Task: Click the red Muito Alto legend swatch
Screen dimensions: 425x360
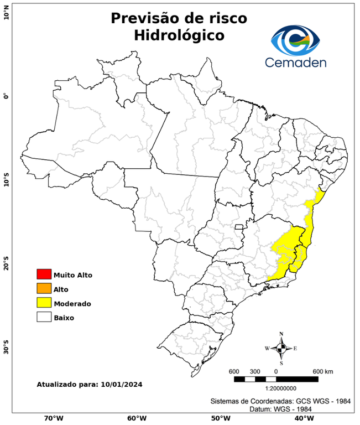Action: click(44, 274)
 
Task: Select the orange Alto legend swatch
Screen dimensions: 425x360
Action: click(44, 288)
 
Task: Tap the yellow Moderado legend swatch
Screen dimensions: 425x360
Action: click(44, 303)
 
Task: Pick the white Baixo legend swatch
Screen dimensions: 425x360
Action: click(44, 317)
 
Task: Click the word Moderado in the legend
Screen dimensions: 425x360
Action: click(72, 303)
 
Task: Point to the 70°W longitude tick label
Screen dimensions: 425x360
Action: click(54, 418)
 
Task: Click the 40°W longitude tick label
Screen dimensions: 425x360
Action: click(302, 418)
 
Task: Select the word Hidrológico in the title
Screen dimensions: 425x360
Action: click(179, 36)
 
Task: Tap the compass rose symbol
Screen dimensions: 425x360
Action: click(281, 348)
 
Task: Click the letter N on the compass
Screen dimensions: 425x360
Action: click(281, 334)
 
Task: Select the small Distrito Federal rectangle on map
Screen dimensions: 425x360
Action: click(239, 226)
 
